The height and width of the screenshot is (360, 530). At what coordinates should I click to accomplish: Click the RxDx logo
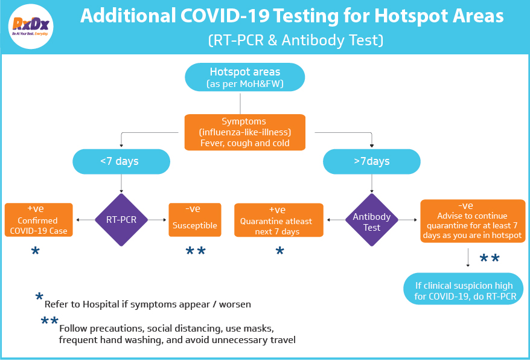coord(31,27)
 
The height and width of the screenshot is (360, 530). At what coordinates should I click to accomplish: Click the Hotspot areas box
coord(244,77)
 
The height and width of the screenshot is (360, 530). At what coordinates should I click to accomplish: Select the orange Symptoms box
coord(244,132)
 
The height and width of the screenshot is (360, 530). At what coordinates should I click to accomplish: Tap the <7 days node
coord(121,161)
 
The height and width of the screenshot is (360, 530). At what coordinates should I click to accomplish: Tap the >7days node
coord(372,161)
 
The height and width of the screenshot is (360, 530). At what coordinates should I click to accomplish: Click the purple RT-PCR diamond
coord(121,220)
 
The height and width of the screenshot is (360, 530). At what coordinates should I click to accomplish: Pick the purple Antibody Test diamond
coord(372,220)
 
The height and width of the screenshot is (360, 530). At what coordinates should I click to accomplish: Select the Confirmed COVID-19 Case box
coord(39,220)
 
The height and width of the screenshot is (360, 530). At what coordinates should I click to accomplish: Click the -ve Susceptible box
coord(195,220)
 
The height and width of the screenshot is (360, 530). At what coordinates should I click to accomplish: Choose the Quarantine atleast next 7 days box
coord(279,220)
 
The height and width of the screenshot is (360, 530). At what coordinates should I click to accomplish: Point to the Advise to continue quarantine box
coord(473,221)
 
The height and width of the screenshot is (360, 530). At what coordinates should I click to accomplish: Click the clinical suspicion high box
coord(464,289)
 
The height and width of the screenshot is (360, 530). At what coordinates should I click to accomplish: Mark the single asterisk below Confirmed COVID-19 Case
coord(35,251)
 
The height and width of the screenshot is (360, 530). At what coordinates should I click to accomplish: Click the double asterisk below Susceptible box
coord(196,251)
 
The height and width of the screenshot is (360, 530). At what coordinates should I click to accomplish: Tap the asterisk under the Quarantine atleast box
coord(280,251)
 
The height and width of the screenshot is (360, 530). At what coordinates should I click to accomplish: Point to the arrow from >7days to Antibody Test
coord(372,184)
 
